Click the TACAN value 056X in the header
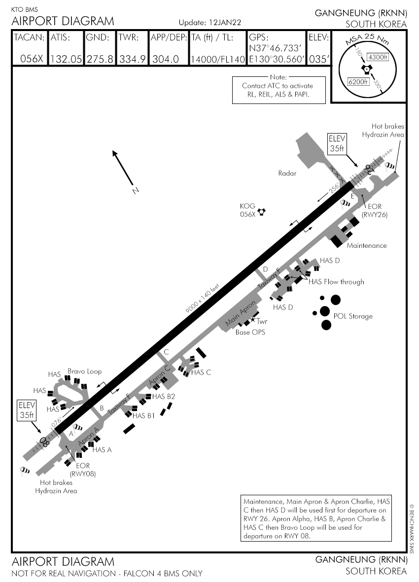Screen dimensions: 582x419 coord(32,59)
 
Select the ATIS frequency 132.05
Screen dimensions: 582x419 coord(66,59)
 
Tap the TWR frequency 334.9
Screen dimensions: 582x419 coord(132,59)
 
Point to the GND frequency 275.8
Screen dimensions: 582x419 coord(100,59)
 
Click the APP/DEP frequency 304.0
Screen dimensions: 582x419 coord(165,59)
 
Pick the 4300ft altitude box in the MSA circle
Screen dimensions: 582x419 coord(378,57)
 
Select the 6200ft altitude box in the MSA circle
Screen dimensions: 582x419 coord(358,81)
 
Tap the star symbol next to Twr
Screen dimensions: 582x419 coord(253,320)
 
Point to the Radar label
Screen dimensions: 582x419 coord(287,173)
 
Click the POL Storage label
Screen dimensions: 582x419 coord(353,316)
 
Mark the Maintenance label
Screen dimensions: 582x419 coord(367,245)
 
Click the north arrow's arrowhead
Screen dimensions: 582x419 coord(114,152)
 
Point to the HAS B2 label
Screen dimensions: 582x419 coord(164,396)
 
